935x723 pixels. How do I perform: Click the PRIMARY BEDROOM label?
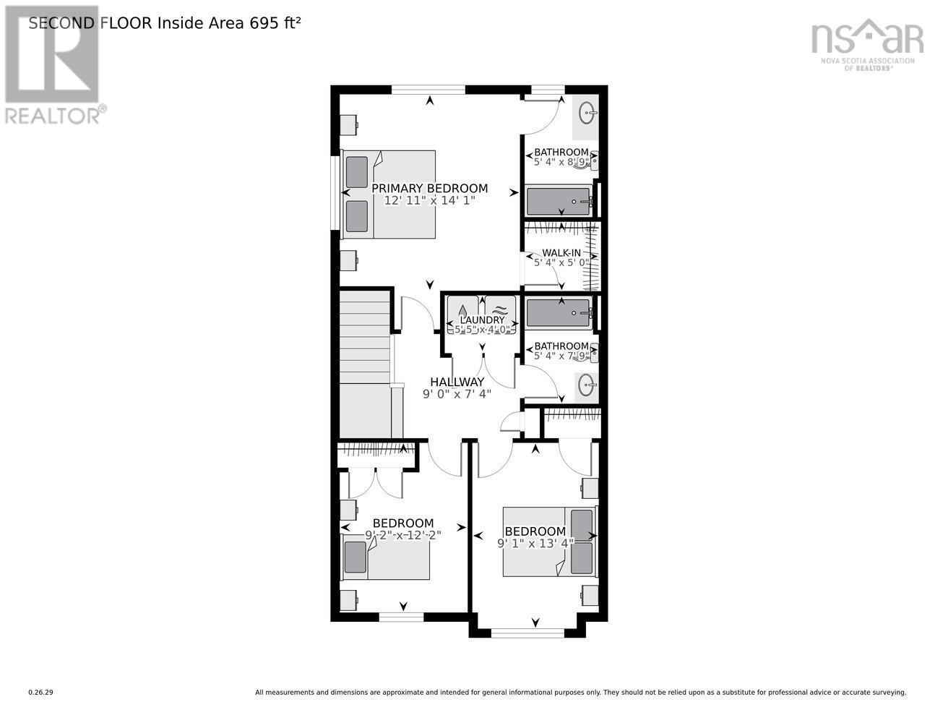click(x=429, y=189)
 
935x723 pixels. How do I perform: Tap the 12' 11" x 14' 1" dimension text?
click(x=429, y=201)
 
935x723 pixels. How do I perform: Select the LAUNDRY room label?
click(x=482, y=320)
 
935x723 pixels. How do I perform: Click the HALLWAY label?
click(x=457, y=382)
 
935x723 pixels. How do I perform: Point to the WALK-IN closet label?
click(x=561, y=252)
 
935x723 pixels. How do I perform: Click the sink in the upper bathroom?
click(x=587, y=113)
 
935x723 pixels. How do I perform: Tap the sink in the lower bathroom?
click(x=586, y=386)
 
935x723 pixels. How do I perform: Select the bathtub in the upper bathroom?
click(x=559, y=201)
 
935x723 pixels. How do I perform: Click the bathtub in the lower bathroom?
click(x=559, y=313)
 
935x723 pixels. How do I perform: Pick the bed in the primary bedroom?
click(x=389, y=194)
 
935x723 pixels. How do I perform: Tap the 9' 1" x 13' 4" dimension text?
click(x=535, y=544)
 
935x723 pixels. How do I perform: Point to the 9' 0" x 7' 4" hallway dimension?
click(x=457, y=394)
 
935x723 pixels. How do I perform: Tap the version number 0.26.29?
click(x=40, y=693)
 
